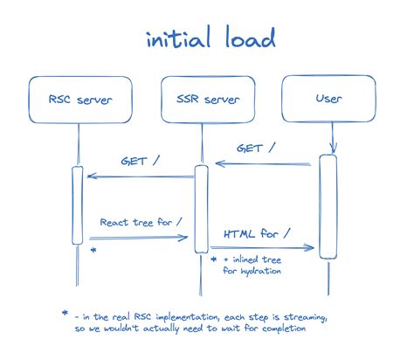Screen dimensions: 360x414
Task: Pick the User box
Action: [328, 100]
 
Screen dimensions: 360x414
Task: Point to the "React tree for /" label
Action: [141, 223]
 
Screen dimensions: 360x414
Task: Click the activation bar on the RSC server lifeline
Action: [78, 204]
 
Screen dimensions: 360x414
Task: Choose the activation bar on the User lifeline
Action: [328, 206]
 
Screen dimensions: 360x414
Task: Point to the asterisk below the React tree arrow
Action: [93, 251]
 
